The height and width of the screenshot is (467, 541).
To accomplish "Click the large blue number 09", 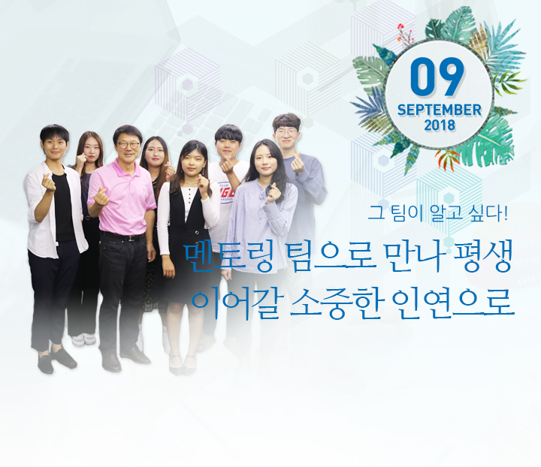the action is [437, 77].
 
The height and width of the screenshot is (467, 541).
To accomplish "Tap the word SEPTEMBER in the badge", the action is [440, 110].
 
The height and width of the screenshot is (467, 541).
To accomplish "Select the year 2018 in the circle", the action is [440, 125].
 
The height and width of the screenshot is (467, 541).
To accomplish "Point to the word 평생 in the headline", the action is [482, 257].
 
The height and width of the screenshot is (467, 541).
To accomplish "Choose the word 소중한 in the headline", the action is [337, 304].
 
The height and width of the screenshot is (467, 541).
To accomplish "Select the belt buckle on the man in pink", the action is [131, 238].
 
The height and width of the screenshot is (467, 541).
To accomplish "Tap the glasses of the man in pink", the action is [128, 145].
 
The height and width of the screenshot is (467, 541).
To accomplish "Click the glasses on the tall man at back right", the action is [286, 131].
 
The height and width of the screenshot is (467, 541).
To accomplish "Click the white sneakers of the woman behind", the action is [84, 339].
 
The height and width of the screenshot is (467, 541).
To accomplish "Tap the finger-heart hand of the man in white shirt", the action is [48, 182].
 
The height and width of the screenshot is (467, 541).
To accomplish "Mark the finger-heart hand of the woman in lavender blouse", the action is [274, 194].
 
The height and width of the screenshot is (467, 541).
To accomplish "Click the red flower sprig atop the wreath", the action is [405, 35].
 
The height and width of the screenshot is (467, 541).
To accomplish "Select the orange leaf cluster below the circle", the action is [449, 159].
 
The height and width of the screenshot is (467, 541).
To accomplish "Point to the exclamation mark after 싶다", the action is [506, 212].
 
